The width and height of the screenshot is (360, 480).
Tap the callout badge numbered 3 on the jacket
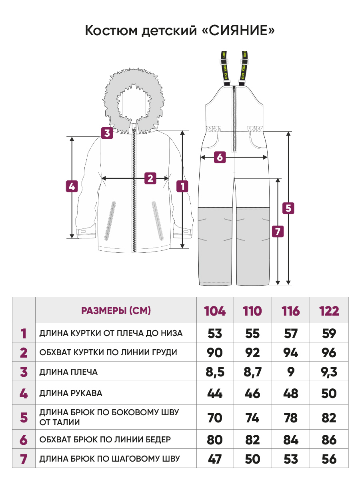point(107,133)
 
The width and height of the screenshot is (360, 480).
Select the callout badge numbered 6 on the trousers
point(220,157)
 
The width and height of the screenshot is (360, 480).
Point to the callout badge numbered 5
point(288,208)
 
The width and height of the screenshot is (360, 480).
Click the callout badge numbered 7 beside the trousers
point(278,231)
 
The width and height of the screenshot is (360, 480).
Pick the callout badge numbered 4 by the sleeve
point(72,186)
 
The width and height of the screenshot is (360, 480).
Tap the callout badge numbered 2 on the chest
point(150,178)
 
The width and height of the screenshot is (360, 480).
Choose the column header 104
point(215,311)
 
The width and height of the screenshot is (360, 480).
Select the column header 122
point(329,311)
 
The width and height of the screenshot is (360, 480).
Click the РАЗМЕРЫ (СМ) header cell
point(116,310)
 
